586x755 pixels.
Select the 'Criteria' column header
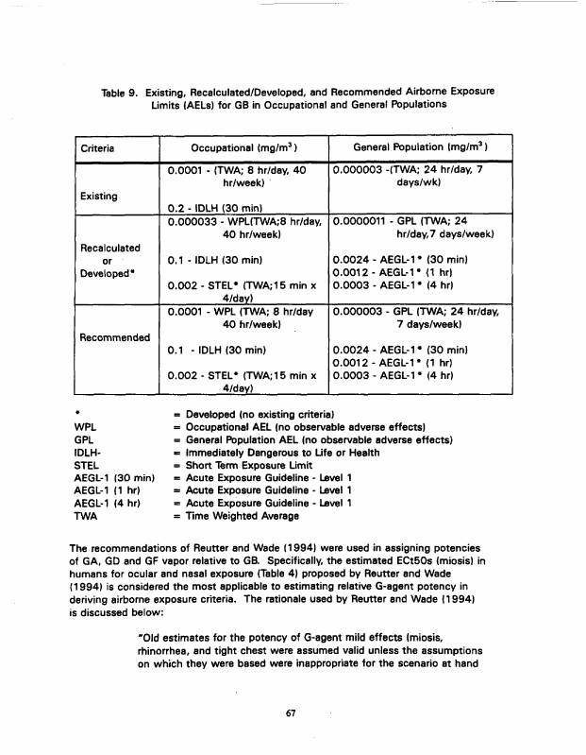point(98,148)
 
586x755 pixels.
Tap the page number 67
point(293,713)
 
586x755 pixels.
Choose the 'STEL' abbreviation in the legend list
point(86,465)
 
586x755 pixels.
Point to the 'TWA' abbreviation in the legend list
point(85,517)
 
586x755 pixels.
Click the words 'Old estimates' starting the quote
point(172,637)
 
